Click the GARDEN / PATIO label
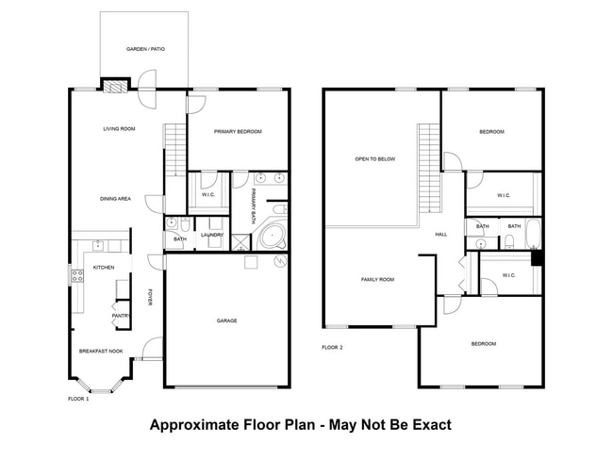coord(145,48)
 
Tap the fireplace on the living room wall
coord(113,87)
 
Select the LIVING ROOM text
coord(120,129)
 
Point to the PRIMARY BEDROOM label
coord(237,132)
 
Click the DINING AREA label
coord(116,199)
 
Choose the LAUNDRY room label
coord(211,235)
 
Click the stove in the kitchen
coord(75,276)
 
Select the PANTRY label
coord(120,316)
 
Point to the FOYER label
coord(150,297)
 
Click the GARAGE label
coord(226,320)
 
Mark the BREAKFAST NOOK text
coord(101,351)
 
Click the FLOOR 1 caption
coord(78,399)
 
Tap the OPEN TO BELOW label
coord(374,159)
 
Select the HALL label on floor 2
coord(440,235)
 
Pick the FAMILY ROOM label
coord(377,280)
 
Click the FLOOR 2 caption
coord(332,348)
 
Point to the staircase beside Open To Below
coord(430,156)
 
